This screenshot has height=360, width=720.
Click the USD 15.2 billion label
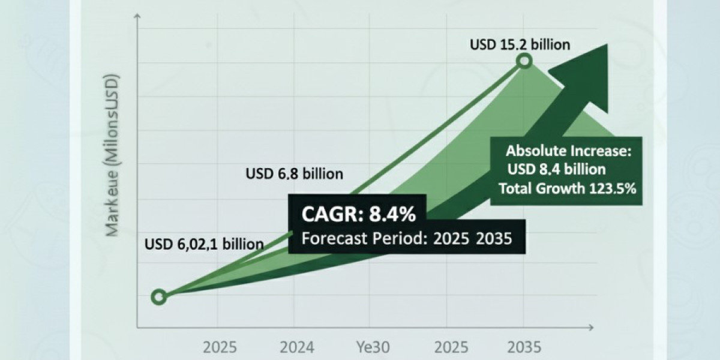tap(519, 44)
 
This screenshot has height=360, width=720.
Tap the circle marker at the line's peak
tap(524, 61)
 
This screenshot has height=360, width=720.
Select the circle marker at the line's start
tap(158, 296)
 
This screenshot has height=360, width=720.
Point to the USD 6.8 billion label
tap(294, 174)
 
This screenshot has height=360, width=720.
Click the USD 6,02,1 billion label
tap(204, 244)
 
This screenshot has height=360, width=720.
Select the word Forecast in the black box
tap(331, 239)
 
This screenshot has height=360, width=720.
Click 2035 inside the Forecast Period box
tap(494, 239)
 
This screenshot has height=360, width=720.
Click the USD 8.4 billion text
tap(556, 170)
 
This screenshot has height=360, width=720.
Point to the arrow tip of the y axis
tap(138, 30)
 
